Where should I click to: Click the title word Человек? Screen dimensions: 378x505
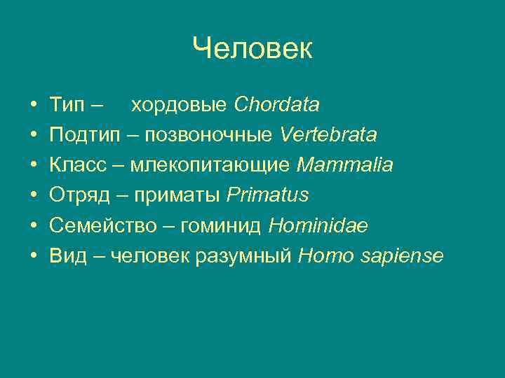pos(252,49)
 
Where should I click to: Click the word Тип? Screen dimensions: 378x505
pos(67,105)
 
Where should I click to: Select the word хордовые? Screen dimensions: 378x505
pos(179,105)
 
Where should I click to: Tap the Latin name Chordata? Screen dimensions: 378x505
pos(276,105)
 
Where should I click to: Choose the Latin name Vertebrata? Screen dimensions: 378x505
pos(328,134)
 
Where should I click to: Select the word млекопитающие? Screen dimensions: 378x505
pos(210,165)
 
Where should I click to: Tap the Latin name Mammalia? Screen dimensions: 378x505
pos(344,165)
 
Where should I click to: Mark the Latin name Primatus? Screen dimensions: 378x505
pos(267,195)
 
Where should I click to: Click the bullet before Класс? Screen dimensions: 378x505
pos(34,165)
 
